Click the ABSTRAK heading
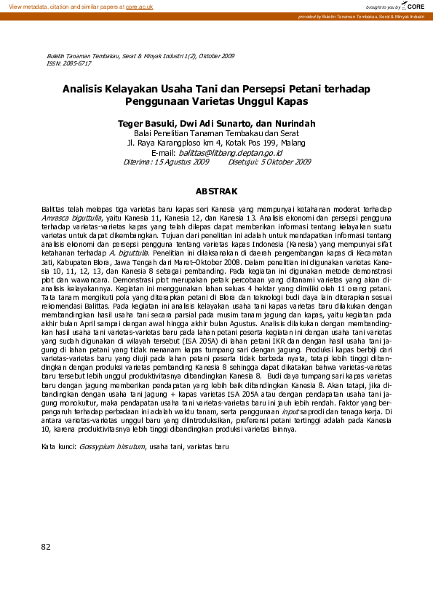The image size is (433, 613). (x=216, y=191)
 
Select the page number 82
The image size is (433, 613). (x=47, y=546)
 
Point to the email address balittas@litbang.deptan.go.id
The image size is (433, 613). (x=231, y=154)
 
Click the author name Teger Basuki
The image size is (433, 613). (x=148, y=123)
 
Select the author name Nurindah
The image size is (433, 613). (x=295, y=123)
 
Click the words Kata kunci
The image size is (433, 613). (x=57, y=445)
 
